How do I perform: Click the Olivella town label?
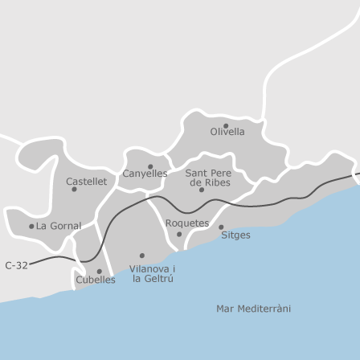227,132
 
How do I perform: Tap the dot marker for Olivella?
226,125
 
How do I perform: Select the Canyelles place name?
145,174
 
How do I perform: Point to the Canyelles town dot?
150,166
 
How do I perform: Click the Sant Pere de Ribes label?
209,178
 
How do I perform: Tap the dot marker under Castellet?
75,190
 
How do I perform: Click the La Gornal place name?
59,226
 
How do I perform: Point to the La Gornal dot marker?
31,226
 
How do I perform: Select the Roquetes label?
186,223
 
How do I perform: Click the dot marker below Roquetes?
179,235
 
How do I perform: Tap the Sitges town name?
235,235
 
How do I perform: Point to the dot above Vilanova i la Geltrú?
141,256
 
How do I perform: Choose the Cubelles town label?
96,280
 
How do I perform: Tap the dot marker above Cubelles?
98,271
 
